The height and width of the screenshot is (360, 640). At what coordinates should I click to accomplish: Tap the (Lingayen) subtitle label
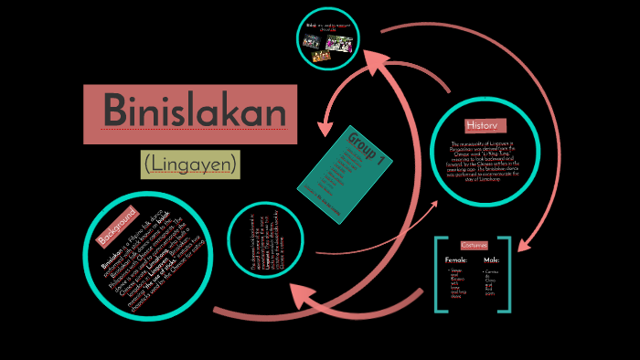coord(190,164)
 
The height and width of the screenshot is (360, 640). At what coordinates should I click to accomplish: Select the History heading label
coord(481,124)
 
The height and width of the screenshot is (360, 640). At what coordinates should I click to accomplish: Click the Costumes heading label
coord(475,245)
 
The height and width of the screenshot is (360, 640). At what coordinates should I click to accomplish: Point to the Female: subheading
coord(457,261)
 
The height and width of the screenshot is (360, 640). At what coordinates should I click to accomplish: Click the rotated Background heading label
coord(118,227)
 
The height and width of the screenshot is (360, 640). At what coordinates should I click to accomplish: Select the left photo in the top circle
coord(311,42)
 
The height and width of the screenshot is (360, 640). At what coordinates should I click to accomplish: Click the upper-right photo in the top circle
coord(339,43)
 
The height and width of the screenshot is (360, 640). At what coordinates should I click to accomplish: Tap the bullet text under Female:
coord(456,286)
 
